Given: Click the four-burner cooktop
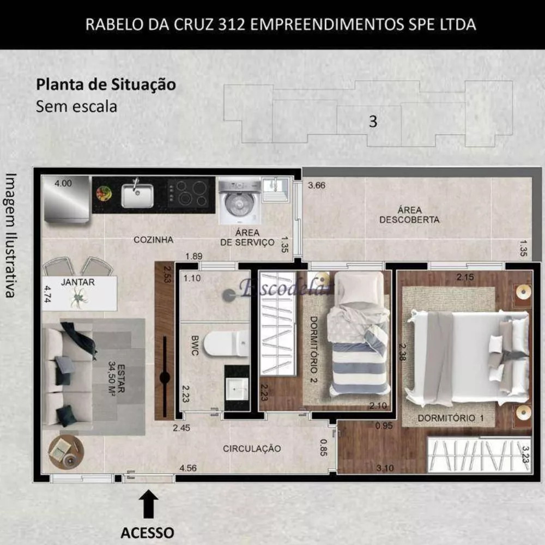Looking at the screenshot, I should pyautogui.click(x=190, y=192).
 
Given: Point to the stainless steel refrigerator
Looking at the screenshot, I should pyautogui.click(x=66, y=199).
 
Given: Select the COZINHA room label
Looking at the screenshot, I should pyautogui.click(x=153, y=239).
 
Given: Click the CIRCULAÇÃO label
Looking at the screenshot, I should pyautogui.click(x=252, y=449).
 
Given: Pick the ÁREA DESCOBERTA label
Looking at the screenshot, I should pyautogui.click(x=409, y=215).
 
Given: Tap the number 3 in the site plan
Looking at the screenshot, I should pyautogui.click(x=373, y=121).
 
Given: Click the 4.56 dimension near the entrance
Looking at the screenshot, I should pyautogui.click(x=188, y=468).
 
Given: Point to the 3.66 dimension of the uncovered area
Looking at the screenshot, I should pyautogui.click(x=317, y=185).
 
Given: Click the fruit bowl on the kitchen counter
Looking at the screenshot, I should pyautogui.click(x=104, y=193).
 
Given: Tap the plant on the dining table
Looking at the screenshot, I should pyautogui.click(x=80, y=297).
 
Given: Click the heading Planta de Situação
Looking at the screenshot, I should pyautogui.click(x=106, y=85).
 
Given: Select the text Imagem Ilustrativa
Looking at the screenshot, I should pyautogui.click(x=10, y=235).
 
